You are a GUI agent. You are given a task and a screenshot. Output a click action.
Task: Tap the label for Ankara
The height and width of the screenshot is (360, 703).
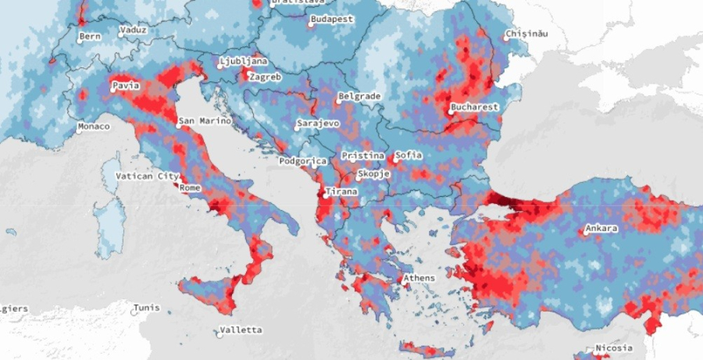pos(602,229)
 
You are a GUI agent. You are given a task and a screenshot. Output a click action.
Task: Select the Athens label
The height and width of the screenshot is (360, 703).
pos(419,278)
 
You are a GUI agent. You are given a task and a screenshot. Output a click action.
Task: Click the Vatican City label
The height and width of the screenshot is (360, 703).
pos(148,176)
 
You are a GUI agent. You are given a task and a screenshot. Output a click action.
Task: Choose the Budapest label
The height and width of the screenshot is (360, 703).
pos(332,19)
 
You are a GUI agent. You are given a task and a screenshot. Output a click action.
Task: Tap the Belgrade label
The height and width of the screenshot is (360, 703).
pos(359,97)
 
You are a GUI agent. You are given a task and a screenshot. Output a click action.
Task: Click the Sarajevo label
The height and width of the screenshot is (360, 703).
pos(318,123)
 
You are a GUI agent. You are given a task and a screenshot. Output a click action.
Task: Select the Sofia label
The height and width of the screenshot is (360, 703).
pos(409,155)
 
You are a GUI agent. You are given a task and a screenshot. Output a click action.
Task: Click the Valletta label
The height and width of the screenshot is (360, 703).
pos(241,330)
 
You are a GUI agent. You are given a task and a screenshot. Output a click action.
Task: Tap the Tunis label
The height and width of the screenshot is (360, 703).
pos(146,308)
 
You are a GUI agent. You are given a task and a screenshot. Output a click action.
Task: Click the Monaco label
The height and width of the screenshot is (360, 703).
pos(93,127)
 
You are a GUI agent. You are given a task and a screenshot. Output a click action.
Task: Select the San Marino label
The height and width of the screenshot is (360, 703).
pos(205,121)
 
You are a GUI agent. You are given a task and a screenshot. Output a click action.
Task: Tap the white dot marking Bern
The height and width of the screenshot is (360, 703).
pos(80,36)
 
